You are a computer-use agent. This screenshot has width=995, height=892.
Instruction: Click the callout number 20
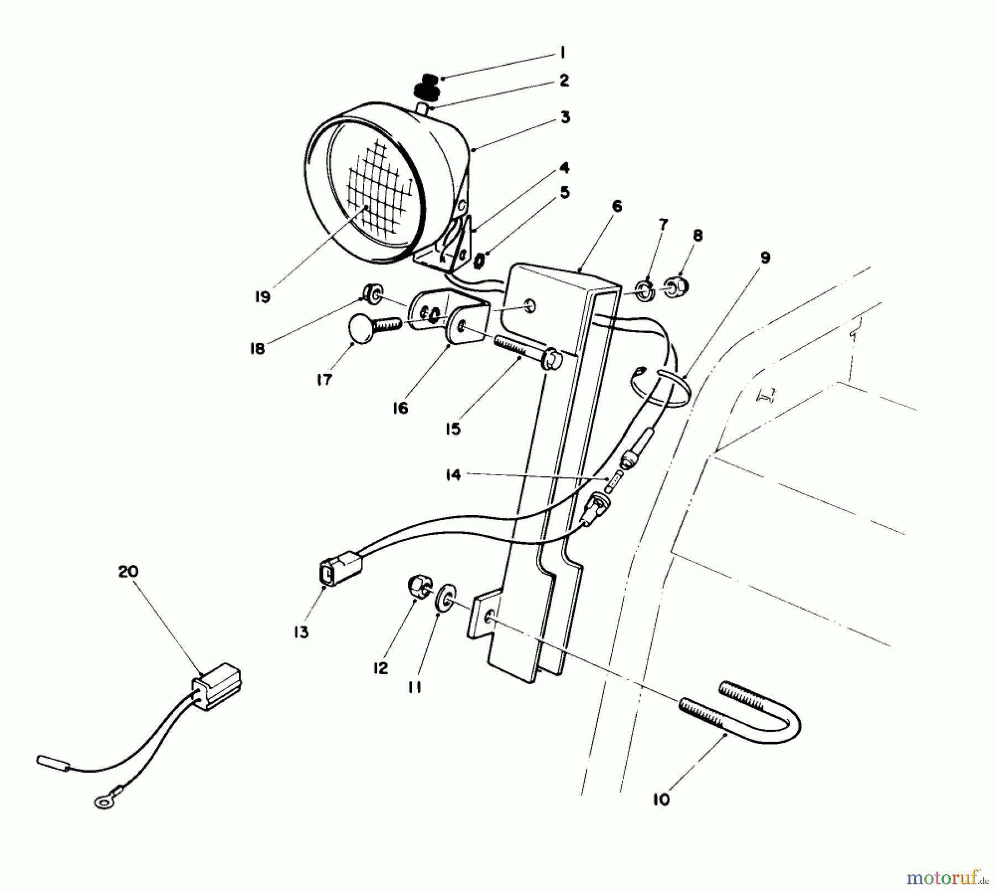128,571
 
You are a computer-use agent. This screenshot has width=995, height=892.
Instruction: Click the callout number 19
263,297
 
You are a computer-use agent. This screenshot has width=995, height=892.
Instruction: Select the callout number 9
764,258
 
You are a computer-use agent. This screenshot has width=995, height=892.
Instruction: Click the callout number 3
564,118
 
